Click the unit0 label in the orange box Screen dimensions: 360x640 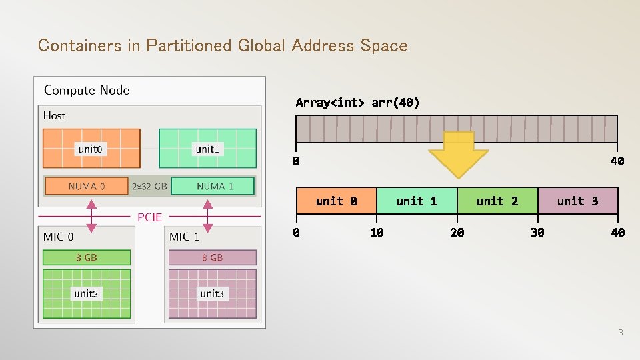click(x=91, y=149)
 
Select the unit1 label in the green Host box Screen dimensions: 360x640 click(x=207, y=149)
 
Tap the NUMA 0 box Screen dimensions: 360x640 click(x=86, y=186)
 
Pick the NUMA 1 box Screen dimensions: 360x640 click(x=213, y=186)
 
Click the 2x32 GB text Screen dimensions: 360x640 click(x=149, y=186)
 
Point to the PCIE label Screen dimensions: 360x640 click(x=149, y=217)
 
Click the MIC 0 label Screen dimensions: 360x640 click(x=59, y=237)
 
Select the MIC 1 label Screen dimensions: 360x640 click(x=184, y=237)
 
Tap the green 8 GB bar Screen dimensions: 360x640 click(x=87, y=257)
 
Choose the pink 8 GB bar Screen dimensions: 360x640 click(x=213, y=257)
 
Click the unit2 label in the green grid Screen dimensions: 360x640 click(x=86, y=293)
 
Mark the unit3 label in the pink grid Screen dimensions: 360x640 click(x=211, y=293)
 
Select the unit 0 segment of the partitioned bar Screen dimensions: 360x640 click(x=337, y=201)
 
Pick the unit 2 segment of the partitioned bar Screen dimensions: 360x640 click(x=497, y=201)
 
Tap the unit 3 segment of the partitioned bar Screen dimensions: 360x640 click(x=577, y=201)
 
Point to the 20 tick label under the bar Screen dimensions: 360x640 click(x=457, y=233)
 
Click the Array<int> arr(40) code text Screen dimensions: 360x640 click(x=357, y=103)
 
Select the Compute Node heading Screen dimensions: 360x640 click(x=87, y=90)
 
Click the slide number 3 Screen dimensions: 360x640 click(x=620, y=332)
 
